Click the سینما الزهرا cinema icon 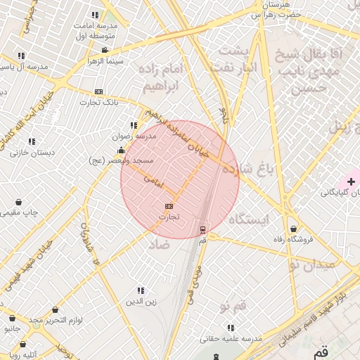pos(105,50)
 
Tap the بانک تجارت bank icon pos(98,91)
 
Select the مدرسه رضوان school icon pos(134,125)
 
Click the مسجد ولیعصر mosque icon pos(121,150)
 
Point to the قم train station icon pos(202,229)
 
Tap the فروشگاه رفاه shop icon pos(293,228)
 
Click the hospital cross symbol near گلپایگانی pos(351,182)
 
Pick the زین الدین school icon pos(141,290)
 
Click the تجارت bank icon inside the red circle pos(168,206)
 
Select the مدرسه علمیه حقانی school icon pos(231,328)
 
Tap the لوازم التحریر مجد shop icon pos(55,309)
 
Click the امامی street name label pos(153,181)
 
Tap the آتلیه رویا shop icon pos(24,345)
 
